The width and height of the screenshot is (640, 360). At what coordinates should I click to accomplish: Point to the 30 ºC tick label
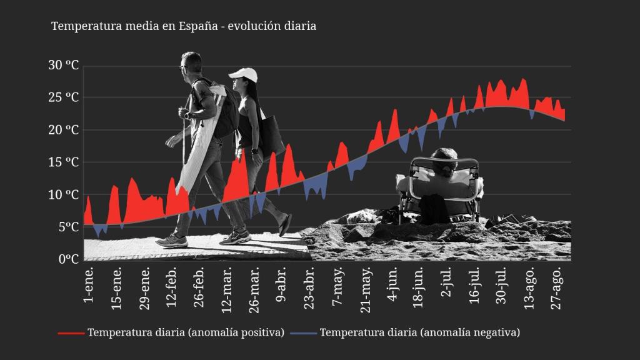[64, 66]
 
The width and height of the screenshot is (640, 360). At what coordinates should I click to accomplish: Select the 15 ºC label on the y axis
[64, 162]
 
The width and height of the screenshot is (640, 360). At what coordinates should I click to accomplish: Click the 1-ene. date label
[89, 284]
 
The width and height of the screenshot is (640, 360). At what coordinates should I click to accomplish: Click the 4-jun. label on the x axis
[392, 286]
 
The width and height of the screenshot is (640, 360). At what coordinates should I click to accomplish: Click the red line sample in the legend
[71, 333]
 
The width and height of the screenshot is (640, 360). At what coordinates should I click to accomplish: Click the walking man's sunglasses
[183, 66]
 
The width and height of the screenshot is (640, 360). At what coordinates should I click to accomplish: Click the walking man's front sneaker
[172, 241]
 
